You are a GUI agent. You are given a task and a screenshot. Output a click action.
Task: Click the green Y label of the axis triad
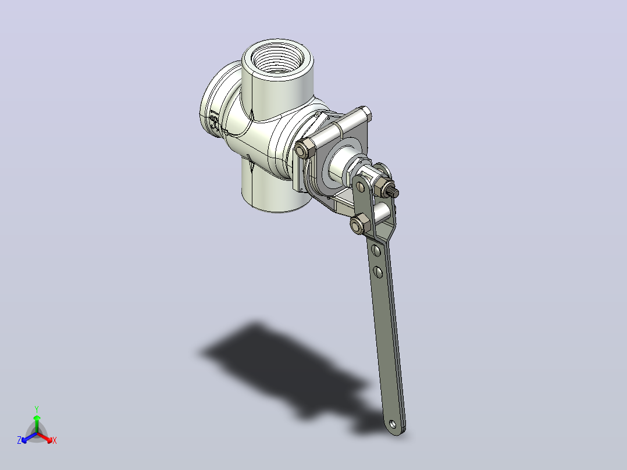tap(37, 409)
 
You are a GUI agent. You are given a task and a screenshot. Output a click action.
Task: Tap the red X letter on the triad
tap(55, 440)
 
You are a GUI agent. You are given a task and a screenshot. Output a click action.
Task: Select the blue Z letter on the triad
tap(19, 440)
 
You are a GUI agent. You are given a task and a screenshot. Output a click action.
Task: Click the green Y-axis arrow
tap(37, 423)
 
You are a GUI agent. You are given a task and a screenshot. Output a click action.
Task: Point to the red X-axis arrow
tap(45, 437)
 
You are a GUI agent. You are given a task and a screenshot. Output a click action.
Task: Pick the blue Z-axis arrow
tap(29, 437)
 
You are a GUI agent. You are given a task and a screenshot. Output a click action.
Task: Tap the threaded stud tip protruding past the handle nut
tap(394, 193)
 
